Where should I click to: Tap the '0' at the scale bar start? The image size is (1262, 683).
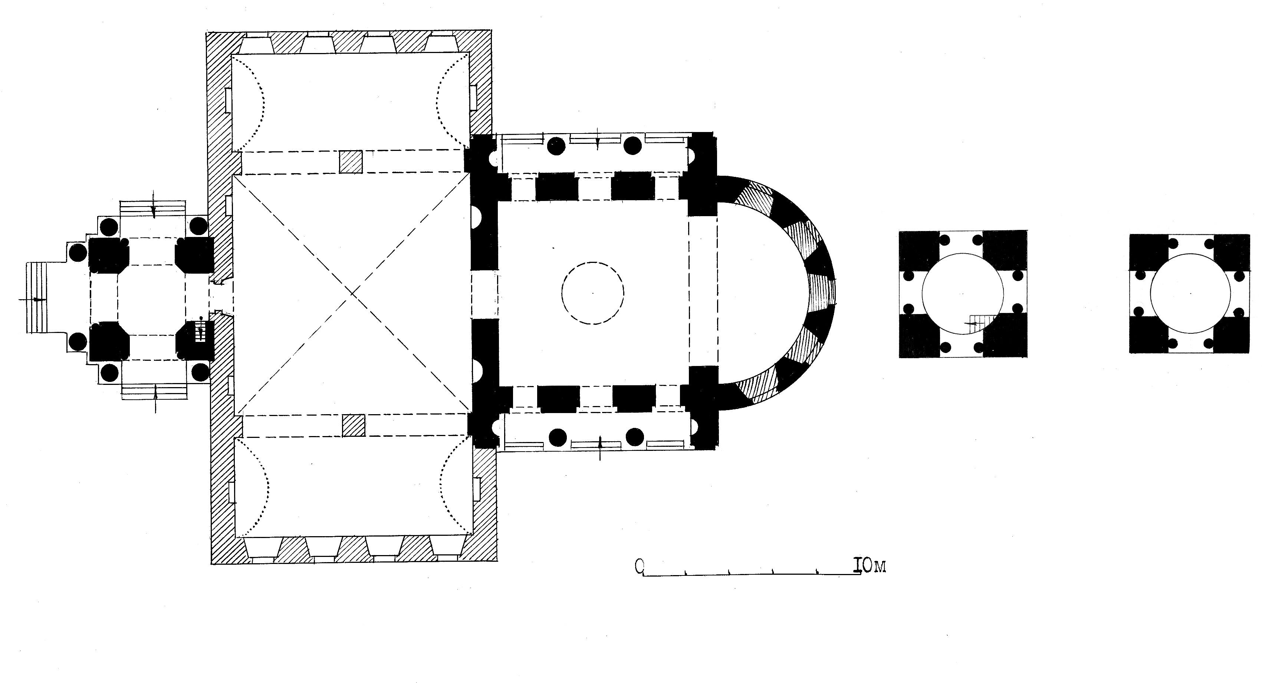pos(639,567)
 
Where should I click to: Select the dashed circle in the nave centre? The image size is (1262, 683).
pos(593,293)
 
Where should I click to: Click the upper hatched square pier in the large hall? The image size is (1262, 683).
pos(351,162)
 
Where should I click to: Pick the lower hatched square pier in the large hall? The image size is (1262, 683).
pos(354,425)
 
